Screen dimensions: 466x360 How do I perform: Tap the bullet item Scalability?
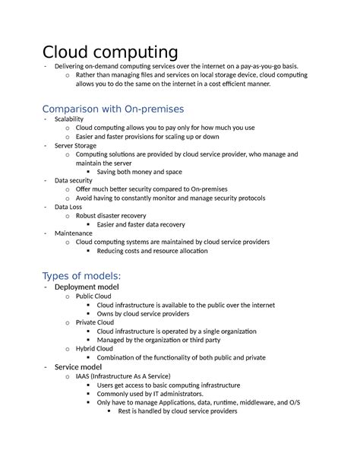pyautogui.click(x=69, y=119)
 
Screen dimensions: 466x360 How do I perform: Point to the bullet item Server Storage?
pyautogui.click(x=76, y=144)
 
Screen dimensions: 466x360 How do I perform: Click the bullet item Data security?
pyautogui.click(x=72, y=180)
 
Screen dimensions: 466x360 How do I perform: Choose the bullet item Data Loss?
pyautogui.click(x=68, y=206)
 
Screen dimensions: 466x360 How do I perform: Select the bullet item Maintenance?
pyautogui.click(x=73, y=233)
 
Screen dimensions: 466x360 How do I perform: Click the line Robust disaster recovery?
pyautogui.click(x=111, y=215)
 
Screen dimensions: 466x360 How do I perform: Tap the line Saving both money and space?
pyautogui.click(x=140, y=172)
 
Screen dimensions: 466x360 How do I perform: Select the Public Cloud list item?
pyautogui.click(x=96, y=296)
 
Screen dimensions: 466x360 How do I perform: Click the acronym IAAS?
pyautogui.click(x=84, y=376)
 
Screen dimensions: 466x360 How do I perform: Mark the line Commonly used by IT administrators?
pyautogui.click(x=150, y=394)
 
